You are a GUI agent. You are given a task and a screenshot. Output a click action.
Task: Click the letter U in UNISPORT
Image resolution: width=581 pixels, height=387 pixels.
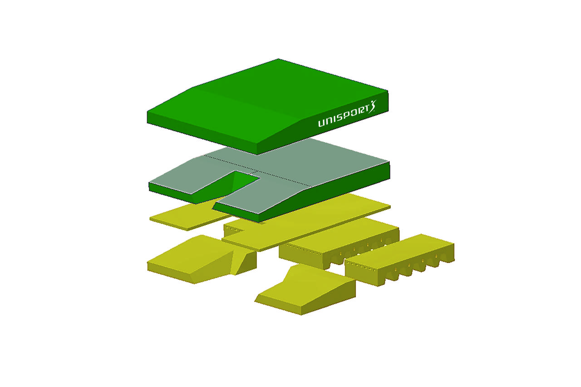coord(322,123)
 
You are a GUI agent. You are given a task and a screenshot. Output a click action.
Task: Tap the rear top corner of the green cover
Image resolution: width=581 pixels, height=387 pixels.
coord(278,59)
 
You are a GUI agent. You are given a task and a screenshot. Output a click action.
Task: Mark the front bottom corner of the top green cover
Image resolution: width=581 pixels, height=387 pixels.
coord(257,154)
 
